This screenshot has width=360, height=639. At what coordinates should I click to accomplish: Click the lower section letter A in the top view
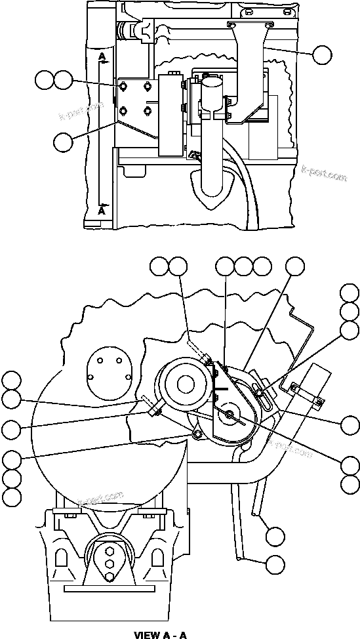point(102,211)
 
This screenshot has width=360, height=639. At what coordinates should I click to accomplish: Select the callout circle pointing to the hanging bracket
point(322,54)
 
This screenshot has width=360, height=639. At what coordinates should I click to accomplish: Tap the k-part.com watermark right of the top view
point(323,175)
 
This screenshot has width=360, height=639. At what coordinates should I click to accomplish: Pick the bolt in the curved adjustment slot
point(260,392)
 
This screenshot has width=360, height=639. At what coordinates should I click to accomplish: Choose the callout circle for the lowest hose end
point(276,564)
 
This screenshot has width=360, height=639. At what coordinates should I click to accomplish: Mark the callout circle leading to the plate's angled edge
point(64,142)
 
